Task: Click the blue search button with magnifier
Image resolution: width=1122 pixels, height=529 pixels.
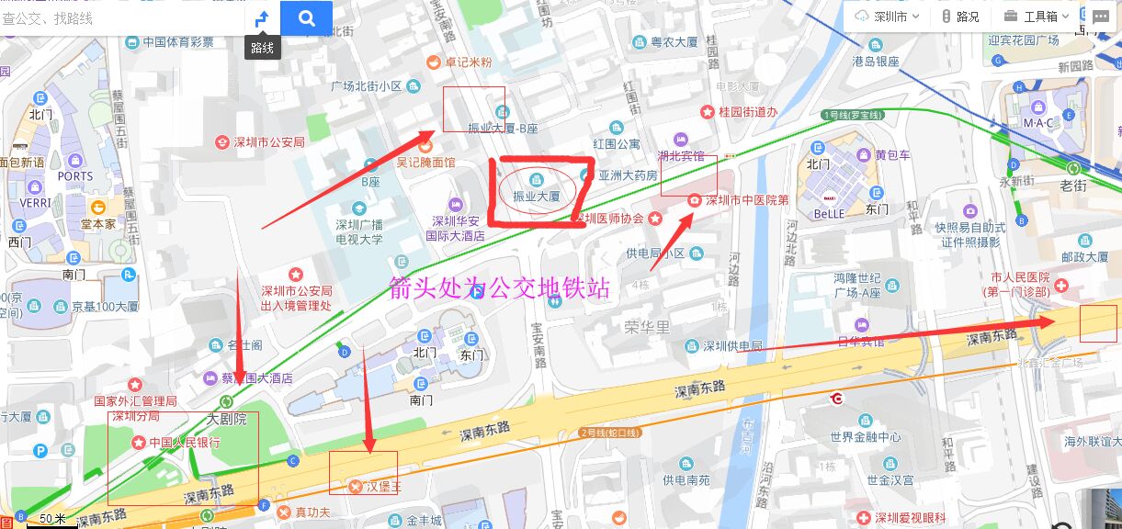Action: [x=306, y=18]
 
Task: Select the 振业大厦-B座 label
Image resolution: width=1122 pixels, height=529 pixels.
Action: [x=503, y=129]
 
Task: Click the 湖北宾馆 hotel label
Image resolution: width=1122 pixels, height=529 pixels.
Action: [x=681, y=156]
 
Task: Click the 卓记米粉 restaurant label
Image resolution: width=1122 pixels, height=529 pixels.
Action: [x=468, y=62]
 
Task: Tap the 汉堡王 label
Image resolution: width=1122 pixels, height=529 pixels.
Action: [x=382, y=485]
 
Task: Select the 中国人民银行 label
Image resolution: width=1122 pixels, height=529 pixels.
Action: [x=185, y=443]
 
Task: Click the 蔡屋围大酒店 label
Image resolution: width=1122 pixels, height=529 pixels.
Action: [x=256, y=377]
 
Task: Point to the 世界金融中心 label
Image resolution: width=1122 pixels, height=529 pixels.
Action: [x=865, y=437]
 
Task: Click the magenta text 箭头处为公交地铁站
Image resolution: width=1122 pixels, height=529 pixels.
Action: [x=499, y=289]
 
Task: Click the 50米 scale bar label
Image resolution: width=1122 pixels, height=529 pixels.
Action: [x=52, y=519]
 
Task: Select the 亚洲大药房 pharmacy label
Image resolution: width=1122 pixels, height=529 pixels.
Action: [x=628, y=175]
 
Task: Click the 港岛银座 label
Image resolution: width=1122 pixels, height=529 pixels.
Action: [x=875, y=62]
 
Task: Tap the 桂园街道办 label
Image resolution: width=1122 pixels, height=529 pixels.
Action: [x=747, y=112]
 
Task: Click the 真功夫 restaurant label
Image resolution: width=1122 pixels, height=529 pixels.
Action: [x=312, y=512]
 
